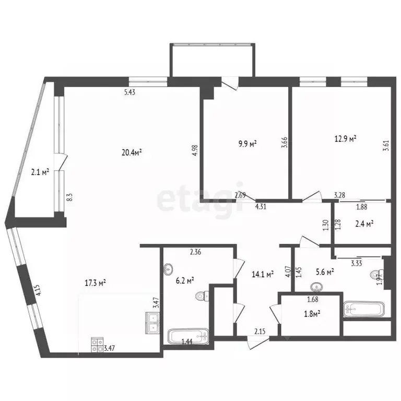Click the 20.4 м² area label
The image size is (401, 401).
click(x=132, y=152)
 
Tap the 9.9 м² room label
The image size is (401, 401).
click(x=247, y=144)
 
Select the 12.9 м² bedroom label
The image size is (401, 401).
click(x=346, y=139)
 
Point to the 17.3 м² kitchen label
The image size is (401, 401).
click(x=95, y=283)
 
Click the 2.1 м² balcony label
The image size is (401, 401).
click(x=40, y=172)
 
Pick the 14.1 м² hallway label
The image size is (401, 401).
click(x=263, y=275)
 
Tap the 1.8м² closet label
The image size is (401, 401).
click(x=312, y=314)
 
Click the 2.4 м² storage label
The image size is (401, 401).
click(x=364, y=224)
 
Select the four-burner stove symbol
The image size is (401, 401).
click(x=98, y=345)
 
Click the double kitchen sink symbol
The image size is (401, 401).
click(x=152, y=323)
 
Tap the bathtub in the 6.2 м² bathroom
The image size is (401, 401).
click(x=188, y=336)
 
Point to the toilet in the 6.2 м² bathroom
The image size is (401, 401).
click(x=203, y=296)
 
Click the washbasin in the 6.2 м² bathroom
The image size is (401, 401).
click(x=168, y=269)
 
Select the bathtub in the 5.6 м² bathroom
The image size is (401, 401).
click(x=364, y=310)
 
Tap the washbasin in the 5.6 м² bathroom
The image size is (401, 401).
click(x=316, y=287)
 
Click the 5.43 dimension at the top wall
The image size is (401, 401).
click(x=129, y=92)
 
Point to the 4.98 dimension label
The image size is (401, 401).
click(x=195, y=150)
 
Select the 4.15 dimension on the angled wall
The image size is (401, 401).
click(x=39, y=290)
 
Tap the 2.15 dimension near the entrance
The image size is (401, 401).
click(x=260, y=332)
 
